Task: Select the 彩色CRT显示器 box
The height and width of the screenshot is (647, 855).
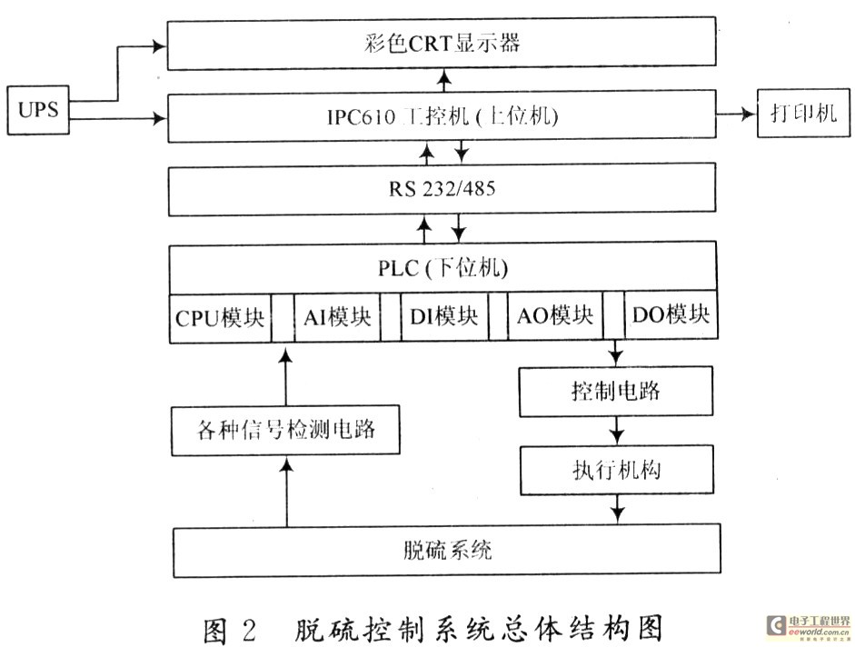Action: tap(442, 43)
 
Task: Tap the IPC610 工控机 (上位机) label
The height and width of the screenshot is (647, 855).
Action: tap(442, 116)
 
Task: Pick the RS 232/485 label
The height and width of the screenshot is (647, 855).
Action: tap(442, 192)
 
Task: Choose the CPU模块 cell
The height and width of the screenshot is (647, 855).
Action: tap(220, 318)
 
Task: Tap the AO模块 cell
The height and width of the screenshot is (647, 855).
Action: tap(555, 318)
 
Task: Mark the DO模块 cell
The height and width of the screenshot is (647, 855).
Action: tap(670, 318)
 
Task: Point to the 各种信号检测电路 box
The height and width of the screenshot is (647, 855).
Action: tap(285, 429)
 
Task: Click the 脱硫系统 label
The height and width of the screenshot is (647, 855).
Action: tap(448, 551)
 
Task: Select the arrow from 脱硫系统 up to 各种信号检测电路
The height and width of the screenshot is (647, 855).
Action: tap(286, 491)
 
